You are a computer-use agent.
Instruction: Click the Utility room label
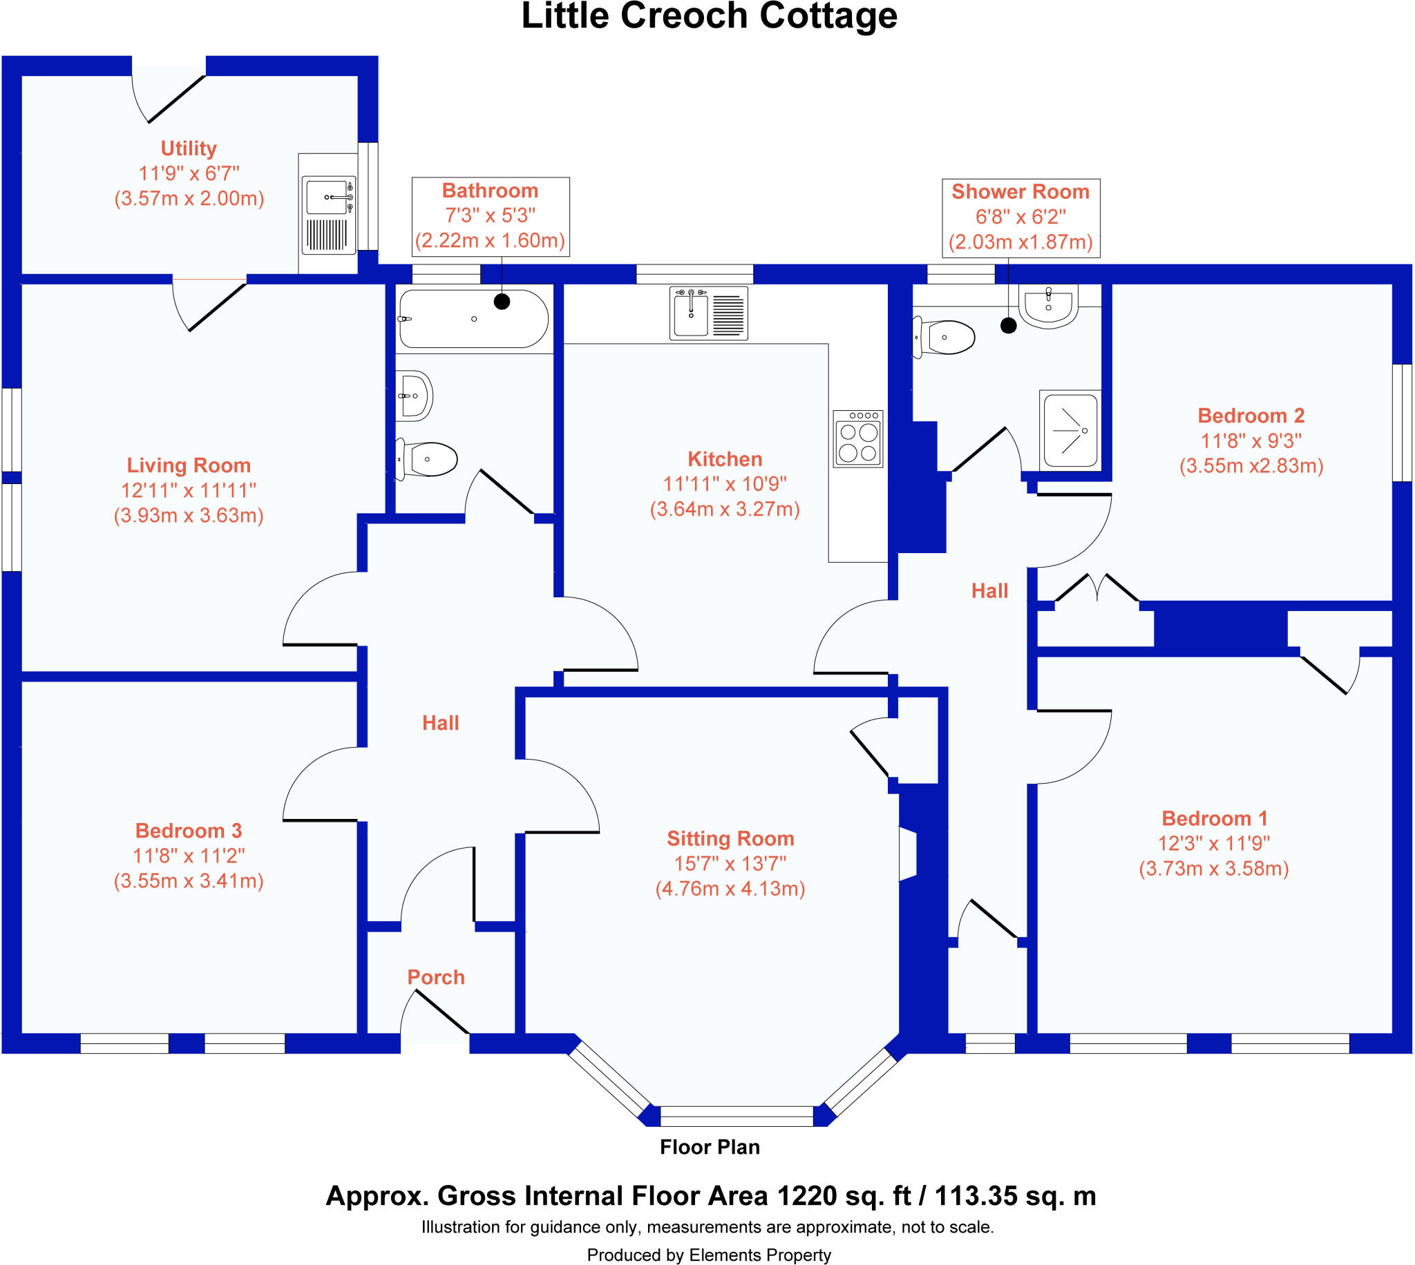point(189,148)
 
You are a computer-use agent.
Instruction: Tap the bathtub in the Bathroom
point(473,319)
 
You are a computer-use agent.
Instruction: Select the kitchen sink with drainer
point(709,313)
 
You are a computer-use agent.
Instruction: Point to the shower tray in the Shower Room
point(1070,430)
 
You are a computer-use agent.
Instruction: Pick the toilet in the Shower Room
point(946,338)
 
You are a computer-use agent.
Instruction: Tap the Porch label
point(436,976)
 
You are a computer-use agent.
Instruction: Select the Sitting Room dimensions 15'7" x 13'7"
point(730,863)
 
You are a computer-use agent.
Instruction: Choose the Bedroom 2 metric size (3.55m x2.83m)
point(1251,465)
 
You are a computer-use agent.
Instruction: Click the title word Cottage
point(828,17)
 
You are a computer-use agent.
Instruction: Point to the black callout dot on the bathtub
point(502,302)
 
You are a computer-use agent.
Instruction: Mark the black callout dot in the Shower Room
point(1008,325)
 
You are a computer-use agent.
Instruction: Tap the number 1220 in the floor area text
point(806,1196)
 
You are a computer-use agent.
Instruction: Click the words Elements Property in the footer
point(759,1255)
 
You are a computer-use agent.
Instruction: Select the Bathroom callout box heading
point(491,191)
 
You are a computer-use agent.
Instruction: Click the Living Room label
point(189,465)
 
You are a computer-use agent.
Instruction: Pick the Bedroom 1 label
point(1214,818)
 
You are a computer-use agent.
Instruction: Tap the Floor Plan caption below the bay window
point(710,1147)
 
